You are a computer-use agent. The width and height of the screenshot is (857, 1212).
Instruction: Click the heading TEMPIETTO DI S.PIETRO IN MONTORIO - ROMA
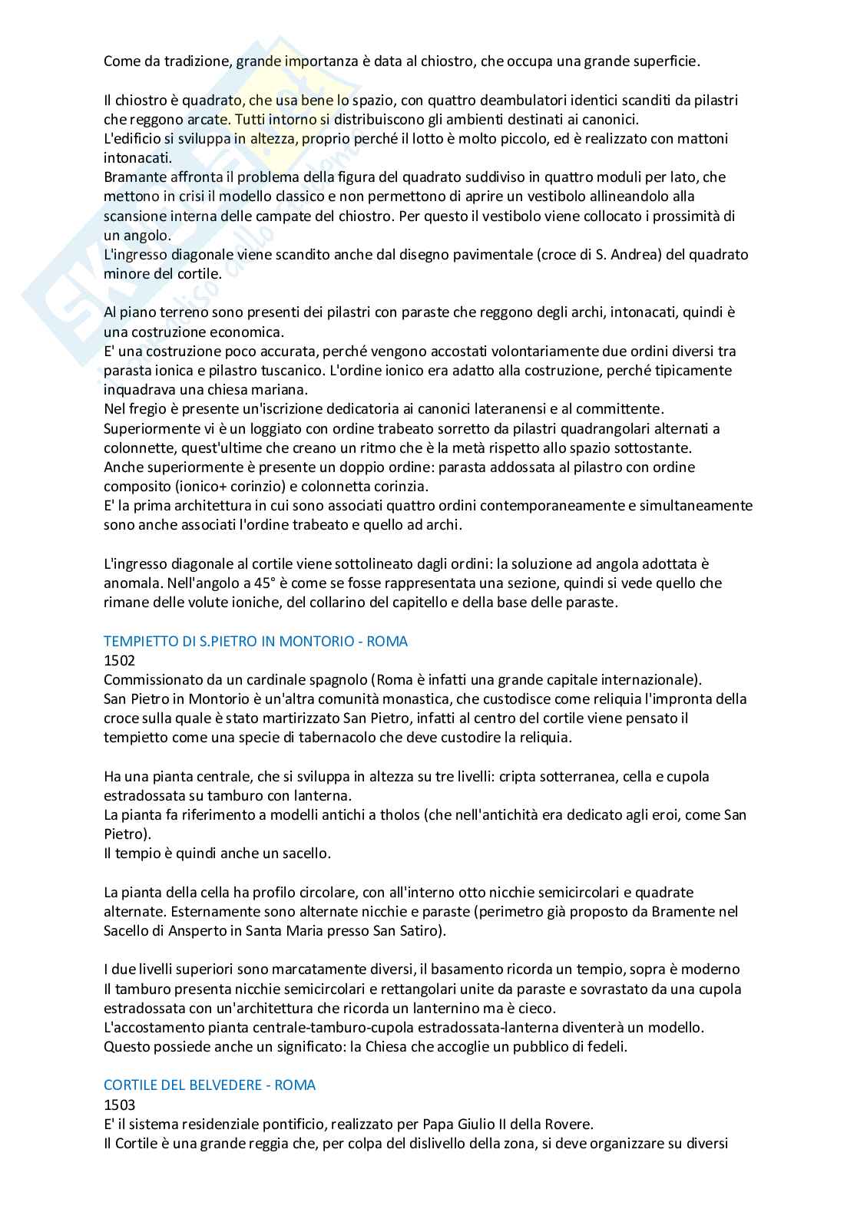[x=256, y=640]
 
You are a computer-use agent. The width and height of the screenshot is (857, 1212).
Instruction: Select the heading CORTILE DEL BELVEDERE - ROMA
[x=210, y=1085]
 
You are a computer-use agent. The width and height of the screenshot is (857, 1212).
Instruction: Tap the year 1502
[x=119, y=659]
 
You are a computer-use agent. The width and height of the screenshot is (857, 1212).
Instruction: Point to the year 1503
[x=119, y=1104]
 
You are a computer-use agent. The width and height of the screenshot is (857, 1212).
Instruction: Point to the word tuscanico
[x=293, y=371]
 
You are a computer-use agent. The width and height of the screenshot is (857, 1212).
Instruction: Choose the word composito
[x=135, y=486]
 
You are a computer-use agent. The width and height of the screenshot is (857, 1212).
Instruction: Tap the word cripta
[x=518, y=776]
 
